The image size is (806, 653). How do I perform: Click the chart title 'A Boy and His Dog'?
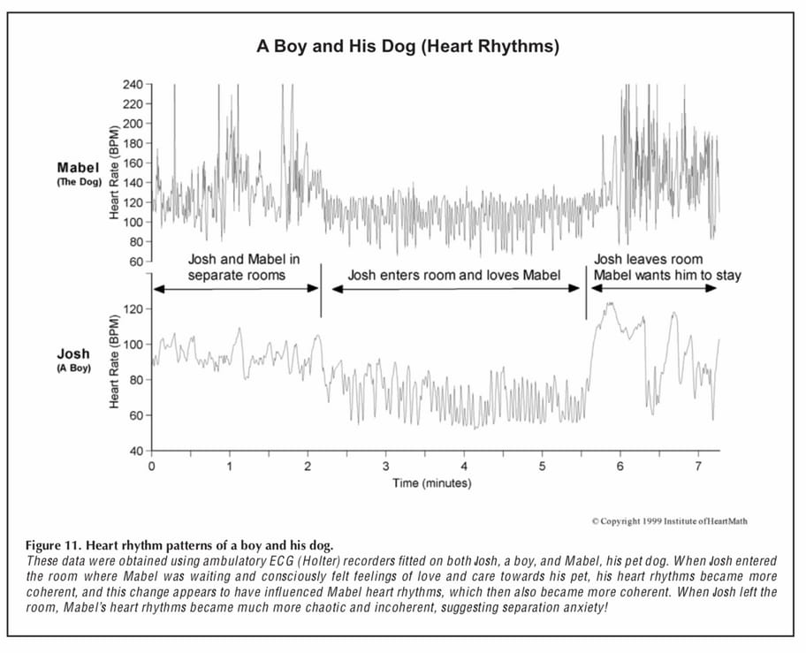click(x=407, y=46)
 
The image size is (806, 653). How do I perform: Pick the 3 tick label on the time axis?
click(x=385, y=466)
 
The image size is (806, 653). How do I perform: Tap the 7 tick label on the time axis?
click(x=698, y=466)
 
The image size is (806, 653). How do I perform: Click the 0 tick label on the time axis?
click(x=152, y=466)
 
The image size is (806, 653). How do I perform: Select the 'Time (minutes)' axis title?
click(x=432, y=483)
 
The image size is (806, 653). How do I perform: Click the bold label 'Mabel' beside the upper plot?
click(x=79, y=167)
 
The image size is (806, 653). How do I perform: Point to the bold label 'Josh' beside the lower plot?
click(x=73, y=354)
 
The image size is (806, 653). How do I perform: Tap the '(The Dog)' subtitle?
click(x=79, y=181)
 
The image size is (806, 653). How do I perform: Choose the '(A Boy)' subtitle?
click(x=74, y=368)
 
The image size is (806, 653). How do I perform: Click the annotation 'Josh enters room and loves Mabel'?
click(x=453, y=275)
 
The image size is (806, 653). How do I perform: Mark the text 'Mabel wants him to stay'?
click(x=667, y=275)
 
